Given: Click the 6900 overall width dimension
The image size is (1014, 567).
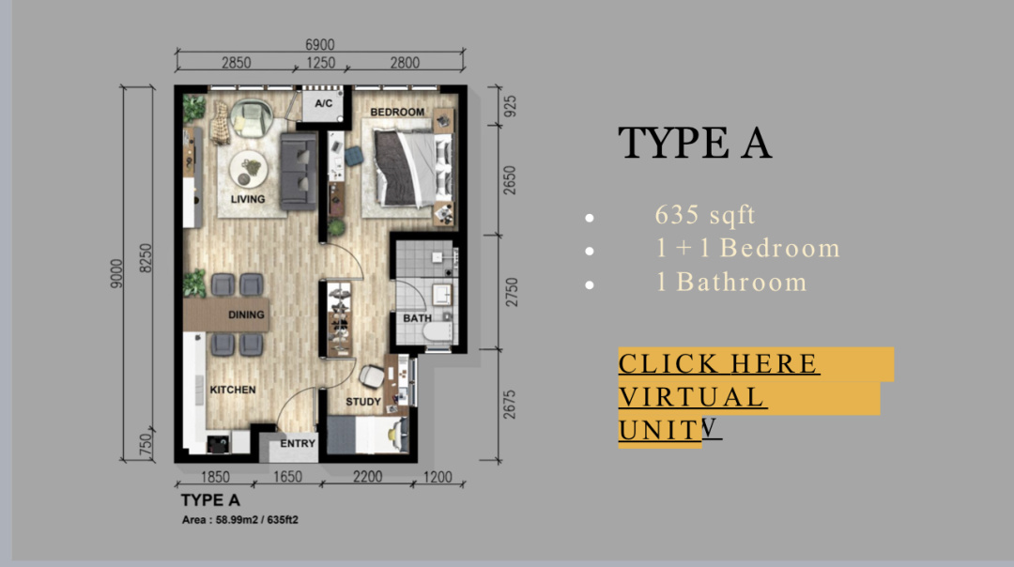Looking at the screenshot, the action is click(320, 45).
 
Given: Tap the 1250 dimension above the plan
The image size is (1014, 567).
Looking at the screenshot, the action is click(321, 63).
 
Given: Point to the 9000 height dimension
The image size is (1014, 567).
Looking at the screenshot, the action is click(115, 273).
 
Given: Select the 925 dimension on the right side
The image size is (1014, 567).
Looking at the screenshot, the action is click(510, 107).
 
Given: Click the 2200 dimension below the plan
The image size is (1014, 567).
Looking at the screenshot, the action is click(367, 477).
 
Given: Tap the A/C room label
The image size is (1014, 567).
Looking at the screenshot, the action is click(323, 103).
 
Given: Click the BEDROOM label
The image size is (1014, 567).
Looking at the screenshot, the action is click(397, 112).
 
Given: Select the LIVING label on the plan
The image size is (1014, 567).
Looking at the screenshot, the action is click(248, 199).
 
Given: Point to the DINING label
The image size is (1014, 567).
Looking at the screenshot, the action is click(246, 314).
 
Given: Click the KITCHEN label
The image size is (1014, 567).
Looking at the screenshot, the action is click(233, 390).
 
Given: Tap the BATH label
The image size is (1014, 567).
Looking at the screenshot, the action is click(417, 318).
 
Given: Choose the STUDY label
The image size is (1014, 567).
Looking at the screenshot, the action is click(363, 402).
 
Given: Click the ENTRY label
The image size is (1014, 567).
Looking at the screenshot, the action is click(298, 443).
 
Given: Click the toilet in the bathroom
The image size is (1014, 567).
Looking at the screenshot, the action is click(438, 331).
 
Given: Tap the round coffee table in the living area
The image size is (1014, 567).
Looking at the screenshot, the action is click(248, 169).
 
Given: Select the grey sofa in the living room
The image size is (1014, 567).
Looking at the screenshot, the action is click(299, 172).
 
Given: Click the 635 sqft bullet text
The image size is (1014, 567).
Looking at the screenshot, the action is click(705, 215).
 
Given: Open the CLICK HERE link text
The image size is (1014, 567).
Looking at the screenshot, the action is click(719, 363).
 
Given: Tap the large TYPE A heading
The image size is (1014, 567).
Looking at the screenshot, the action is click(695, 143).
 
